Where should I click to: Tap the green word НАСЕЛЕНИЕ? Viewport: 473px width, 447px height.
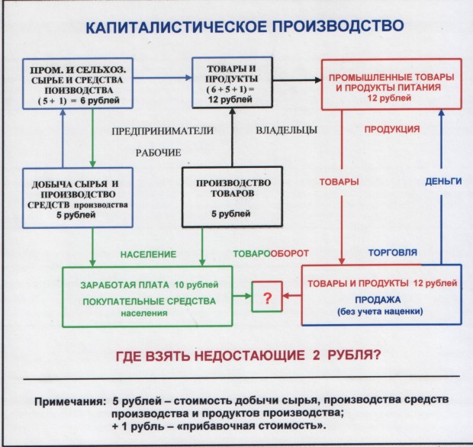pyautogui.click(x=146, y=252)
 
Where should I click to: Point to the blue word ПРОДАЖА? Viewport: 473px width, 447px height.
pyautogui.click(x=379, y=300)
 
